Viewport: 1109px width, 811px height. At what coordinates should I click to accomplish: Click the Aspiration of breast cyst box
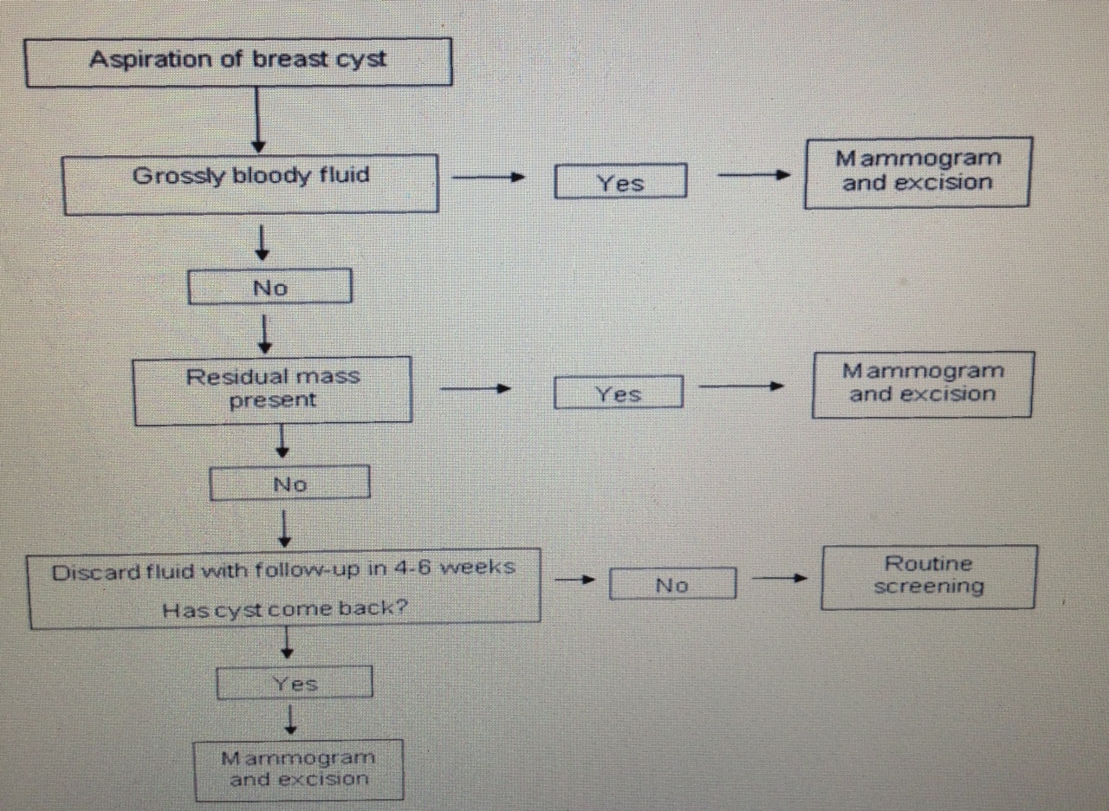coord(238,62)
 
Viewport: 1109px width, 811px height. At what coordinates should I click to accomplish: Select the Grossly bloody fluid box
coord(250,183)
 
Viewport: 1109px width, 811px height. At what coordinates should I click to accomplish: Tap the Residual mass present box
coord(272,389)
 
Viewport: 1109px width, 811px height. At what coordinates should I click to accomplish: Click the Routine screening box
coord(928,576)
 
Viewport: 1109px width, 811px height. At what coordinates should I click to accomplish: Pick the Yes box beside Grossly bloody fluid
coord(620,183)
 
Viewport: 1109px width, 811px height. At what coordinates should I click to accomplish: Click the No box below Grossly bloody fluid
coord(269,288)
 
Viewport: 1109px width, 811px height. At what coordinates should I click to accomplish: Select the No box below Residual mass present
coord(289,484)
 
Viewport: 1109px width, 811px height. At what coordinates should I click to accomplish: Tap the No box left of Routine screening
coord(672,585)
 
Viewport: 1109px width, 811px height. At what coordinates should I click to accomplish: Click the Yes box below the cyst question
coord(295,684)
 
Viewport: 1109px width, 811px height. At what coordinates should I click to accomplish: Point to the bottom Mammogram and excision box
coord(299,769)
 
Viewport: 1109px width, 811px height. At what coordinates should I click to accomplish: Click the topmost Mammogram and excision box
coord(917,172)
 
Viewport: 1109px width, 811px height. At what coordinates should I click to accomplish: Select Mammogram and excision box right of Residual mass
coord(922,383)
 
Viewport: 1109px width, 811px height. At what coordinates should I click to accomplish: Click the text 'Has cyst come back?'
coord(285,609)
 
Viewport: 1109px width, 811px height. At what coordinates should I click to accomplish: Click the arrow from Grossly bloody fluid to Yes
coord(490,178)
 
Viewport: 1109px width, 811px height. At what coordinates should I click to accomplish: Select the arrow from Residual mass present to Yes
coord(473,389)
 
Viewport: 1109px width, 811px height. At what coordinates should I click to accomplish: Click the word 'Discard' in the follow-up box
coord(88,571)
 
